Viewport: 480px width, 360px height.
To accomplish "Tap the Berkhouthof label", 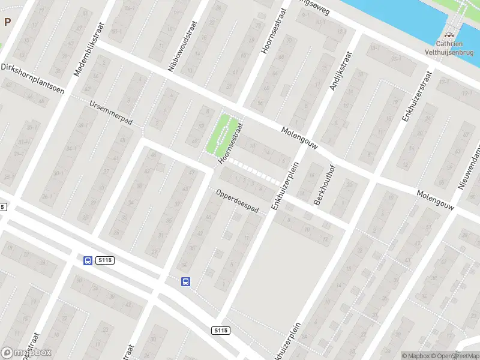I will [323, 185].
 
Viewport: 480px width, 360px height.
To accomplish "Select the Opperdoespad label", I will [237, 200].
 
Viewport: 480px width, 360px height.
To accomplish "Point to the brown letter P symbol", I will [8, 22].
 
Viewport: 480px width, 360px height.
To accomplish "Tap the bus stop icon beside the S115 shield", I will [88, 260].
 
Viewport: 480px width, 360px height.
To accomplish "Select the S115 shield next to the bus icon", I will [104, 260].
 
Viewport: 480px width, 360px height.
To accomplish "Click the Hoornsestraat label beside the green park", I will [231, 144].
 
